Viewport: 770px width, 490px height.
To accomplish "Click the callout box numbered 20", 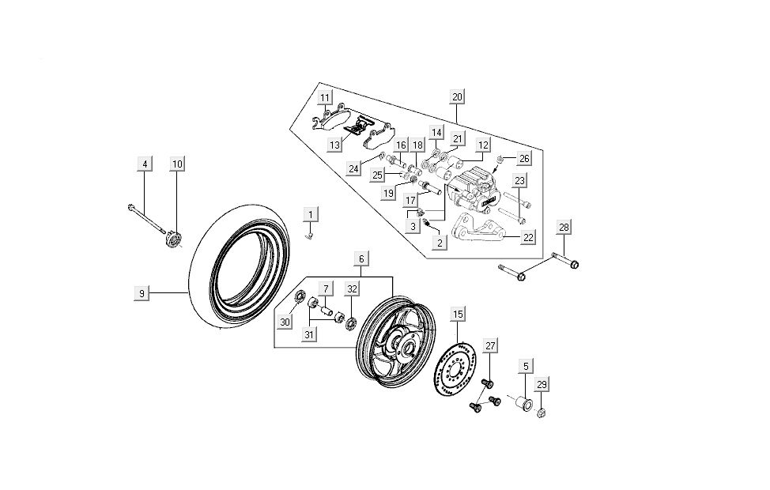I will tap(457, 98).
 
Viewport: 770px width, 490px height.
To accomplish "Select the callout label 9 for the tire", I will tap(142, 293).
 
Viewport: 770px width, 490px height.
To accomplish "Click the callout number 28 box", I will tap(564, 228).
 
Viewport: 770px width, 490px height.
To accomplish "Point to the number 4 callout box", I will tap(144, 164).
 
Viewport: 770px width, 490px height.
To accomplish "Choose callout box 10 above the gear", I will tap(177, 164).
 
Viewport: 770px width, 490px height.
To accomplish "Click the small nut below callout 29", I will tap(542, 413).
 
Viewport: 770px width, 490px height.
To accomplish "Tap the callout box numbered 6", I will tap(360, 259).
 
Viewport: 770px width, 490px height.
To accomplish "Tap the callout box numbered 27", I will tap(490, 346).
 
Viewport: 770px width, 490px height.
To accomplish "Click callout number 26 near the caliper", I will tap(524, 158).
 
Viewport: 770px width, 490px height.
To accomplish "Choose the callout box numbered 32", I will tap(351, 289).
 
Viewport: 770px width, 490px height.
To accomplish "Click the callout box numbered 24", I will tap(353, 168).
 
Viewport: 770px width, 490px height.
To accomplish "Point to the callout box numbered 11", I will tap(325, 98).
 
